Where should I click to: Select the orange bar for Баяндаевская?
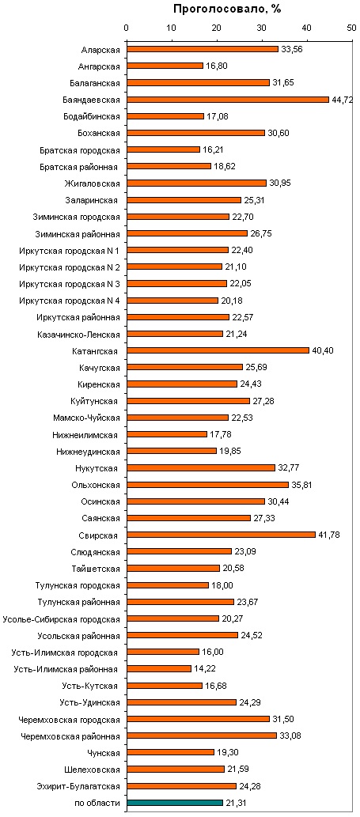pyautogui.click(x=228, y=100)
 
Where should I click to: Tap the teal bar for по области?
pyautogui.click(x=175, y=803)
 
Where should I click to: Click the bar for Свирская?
pyautogui.click(x=221, y=535)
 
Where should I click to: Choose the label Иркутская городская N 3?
pyautogui.click(x=70, y=283)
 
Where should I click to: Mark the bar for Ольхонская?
pyautogui.click(x=207, y=485)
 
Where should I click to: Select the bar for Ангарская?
pyautogui.click(x=165, y=66)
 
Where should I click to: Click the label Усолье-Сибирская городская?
pyautogui.click(x=62, y=619)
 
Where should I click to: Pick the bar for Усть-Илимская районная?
pyautogui.click(x=159, y=668)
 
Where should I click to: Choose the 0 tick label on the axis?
pyautogui.click(x=126, y=30)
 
